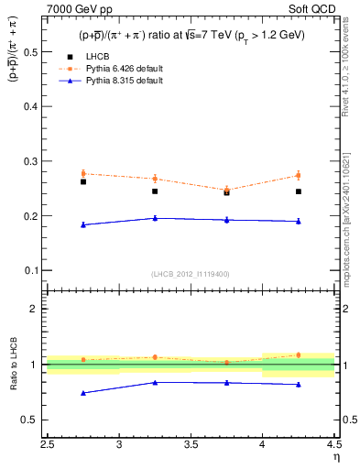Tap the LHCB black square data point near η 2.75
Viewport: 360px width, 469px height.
click(83, 181)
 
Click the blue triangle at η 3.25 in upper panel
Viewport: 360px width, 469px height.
click(155, 218)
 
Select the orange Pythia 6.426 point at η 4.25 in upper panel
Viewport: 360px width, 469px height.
click(298, 175)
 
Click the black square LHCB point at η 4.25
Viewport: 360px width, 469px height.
click(298, 191)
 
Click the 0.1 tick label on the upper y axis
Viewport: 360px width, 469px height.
click(32, 271)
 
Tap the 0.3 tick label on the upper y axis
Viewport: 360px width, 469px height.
click(32, 161)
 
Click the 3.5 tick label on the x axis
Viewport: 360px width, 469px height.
click(191, 446)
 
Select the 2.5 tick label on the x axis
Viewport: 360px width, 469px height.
click(48, 446)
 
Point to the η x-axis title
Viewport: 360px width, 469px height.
click(335, 456)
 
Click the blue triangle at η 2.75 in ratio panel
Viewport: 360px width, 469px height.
click(83, 393)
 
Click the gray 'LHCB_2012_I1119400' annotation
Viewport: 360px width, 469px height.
click(191, 274)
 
